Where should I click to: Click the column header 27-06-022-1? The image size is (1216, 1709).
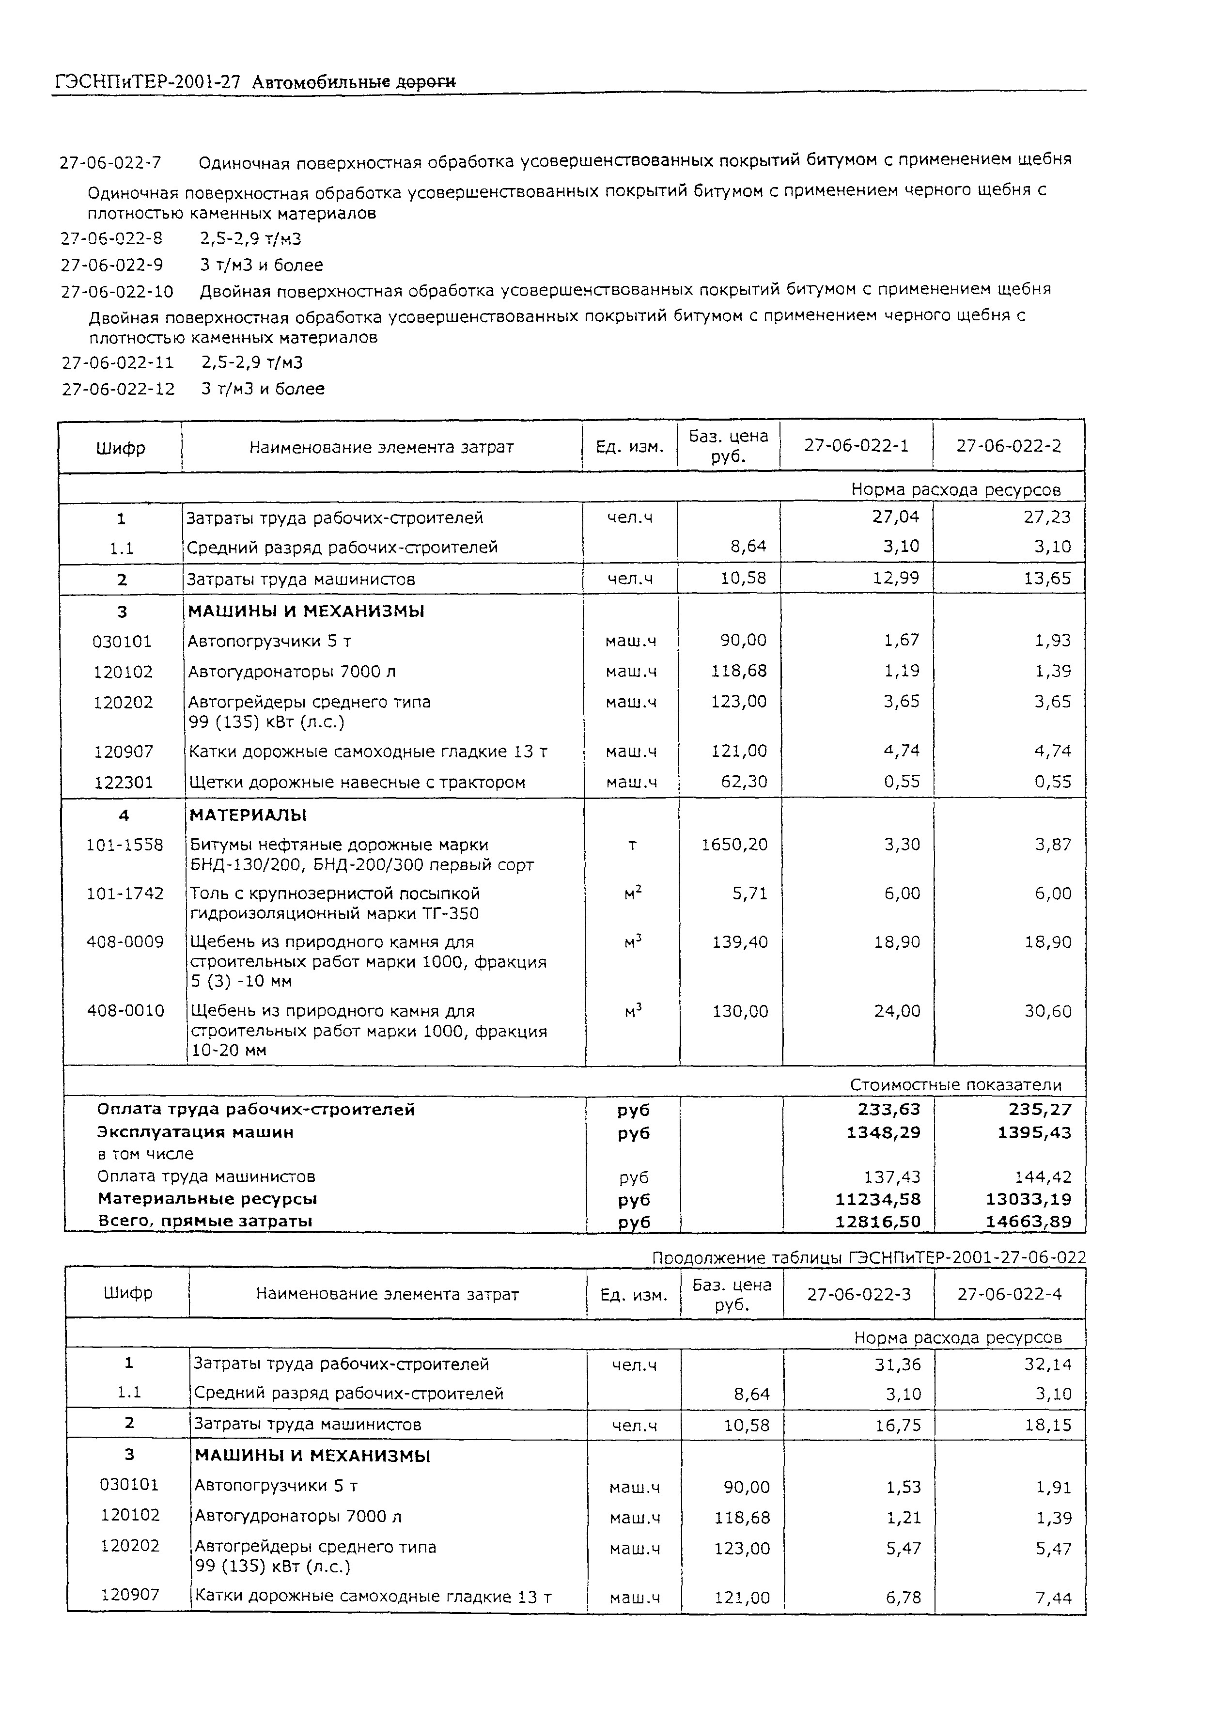click(x=857, y=446)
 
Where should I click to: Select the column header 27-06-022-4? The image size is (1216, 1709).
click(x=1009, y=1294)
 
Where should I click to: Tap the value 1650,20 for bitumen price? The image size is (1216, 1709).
click(x=734, y=845)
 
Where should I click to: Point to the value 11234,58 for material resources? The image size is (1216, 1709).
click(x=877, y=1199)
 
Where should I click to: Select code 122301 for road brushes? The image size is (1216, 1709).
click(x=124, y=782)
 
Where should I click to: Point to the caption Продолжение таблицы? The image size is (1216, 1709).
click(x=749, y=1257)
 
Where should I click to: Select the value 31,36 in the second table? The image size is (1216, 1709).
click(x=898, y=1364)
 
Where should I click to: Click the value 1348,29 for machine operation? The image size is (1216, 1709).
click(x=884, y=1132)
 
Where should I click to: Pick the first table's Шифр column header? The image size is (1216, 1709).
click(x=121, y=448)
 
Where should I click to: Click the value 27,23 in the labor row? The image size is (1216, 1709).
click(x=1047, y=517)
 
